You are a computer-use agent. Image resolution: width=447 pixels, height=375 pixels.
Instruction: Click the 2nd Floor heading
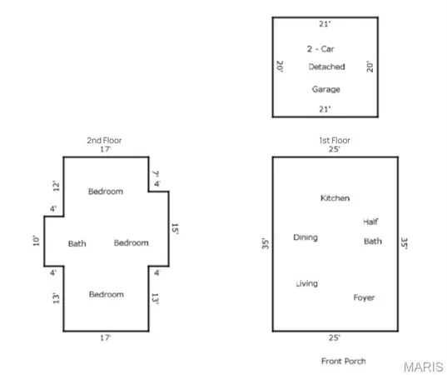[x=104, y=140]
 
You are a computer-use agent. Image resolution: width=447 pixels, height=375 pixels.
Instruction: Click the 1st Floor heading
[x=335, y=140]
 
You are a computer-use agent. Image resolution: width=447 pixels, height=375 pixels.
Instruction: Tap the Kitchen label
[x=335, y=198]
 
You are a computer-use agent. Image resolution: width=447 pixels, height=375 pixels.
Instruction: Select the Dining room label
[x=305, y=237]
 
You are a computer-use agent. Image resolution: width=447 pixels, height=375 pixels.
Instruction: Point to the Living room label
[x=307, y=283]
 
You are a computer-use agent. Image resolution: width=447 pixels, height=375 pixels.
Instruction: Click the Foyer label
[x=364, y=298]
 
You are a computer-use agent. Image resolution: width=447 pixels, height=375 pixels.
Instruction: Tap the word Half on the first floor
[x=370, y=222]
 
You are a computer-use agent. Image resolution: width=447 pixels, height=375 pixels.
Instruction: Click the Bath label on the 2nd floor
[x=77, y=243]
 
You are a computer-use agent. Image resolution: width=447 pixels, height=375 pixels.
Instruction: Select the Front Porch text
[x=344, y=362]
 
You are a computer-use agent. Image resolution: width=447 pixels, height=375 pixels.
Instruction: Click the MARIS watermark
[x=424, y=367]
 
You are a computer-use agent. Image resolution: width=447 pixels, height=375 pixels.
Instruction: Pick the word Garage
[x=325, y=90]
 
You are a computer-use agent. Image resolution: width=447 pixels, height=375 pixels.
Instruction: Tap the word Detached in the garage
[x=326, y=67]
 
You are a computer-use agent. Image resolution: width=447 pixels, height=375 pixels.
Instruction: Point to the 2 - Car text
[x=320, y=49]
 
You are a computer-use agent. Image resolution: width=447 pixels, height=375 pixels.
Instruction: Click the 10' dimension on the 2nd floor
[x=36, y=241]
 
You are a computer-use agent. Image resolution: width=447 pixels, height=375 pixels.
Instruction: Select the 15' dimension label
[x=175, y=229]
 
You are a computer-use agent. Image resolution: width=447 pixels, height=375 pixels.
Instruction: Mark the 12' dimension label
[x=57, y=186]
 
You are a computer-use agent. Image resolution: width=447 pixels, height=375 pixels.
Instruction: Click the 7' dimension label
[x=156, y=173]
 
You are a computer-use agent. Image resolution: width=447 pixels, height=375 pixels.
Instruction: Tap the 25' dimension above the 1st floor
[x=334, y=149]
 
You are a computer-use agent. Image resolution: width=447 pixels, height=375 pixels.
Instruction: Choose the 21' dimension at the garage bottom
[x=325, y=109]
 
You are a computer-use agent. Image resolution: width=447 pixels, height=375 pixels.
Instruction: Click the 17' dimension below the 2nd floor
[x=105, y=337]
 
